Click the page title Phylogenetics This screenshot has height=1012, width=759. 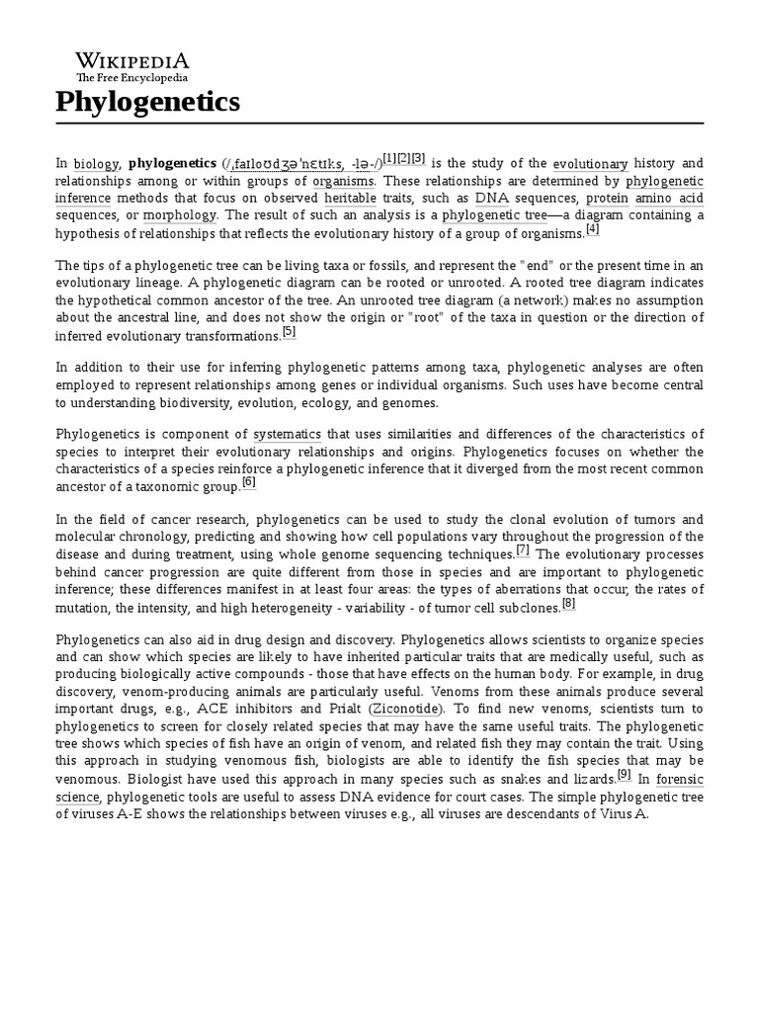147,102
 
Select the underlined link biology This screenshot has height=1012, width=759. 97,164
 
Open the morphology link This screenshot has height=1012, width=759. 179,215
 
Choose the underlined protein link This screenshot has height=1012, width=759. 607,199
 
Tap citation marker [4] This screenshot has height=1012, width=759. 593,229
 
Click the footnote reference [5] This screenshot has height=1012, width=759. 289,332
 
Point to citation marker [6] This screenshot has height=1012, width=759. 248,482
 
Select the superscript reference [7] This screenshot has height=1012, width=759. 523,549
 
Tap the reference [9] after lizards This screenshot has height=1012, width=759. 624,774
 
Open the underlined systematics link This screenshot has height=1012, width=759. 287,435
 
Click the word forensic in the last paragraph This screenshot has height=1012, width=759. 680,778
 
